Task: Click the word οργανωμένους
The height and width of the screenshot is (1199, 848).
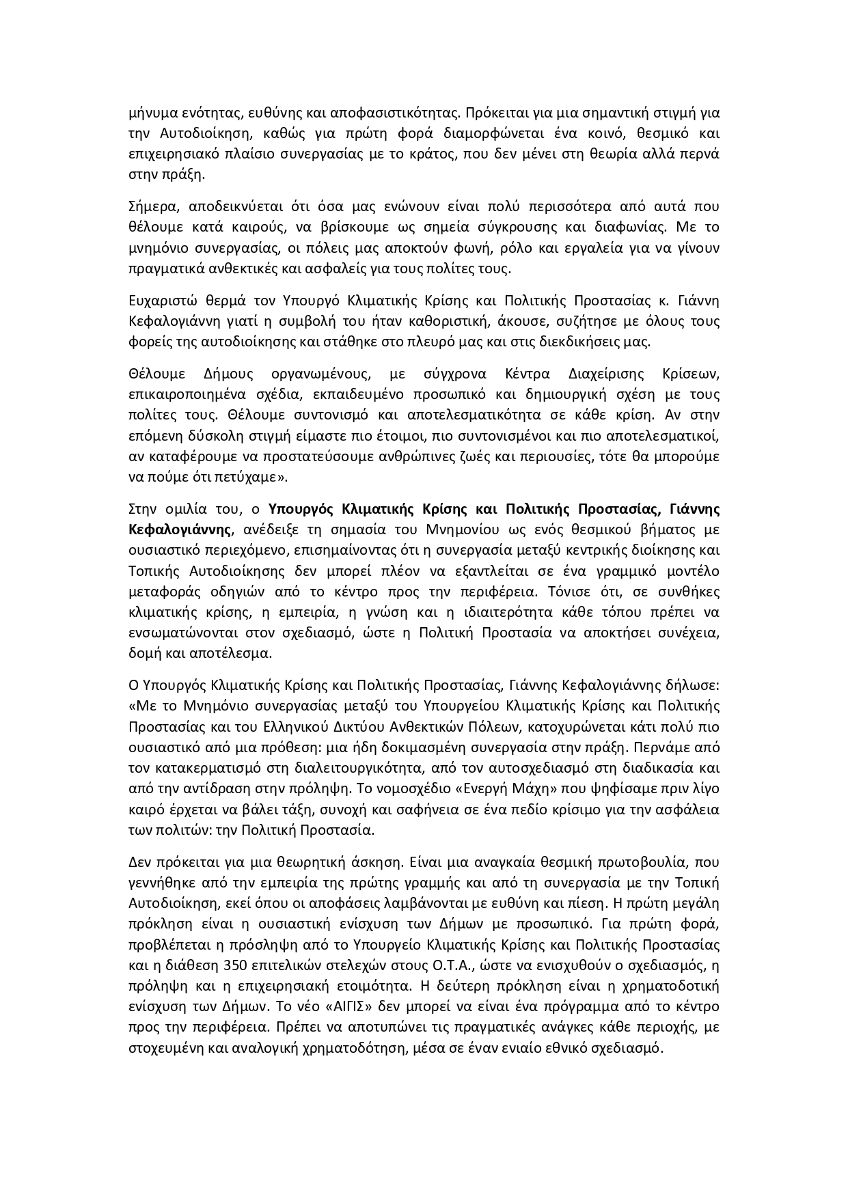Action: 320,374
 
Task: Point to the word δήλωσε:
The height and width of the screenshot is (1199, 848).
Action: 695,685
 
